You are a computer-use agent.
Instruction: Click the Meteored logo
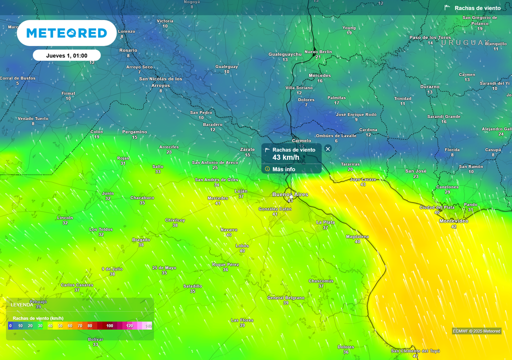click(66, 33)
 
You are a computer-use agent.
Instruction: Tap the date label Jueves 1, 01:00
click(66, 55)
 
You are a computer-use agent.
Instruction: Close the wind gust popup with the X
click(328, 148)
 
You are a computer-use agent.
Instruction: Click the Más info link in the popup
click(283, 169)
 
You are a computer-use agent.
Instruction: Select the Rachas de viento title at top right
click(477, 8)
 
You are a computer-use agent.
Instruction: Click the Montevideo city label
click(453, 220)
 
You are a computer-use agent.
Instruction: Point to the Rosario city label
click(128, 50)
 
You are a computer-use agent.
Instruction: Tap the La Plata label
click(325, 221)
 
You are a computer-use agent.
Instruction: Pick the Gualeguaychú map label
click(285, 53)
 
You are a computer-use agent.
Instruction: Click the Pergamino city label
click(134, 131)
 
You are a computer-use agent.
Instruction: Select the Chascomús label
click(321, 280)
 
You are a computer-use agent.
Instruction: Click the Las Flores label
click(242, 320)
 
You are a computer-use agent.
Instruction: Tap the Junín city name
click(107, 193)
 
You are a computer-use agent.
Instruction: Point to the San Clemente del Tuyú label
click(415, 350)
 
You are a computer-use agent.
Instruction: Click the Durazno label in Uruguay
click(429, 86)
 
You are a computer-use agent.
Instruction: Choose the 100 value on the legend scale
click(109, 325)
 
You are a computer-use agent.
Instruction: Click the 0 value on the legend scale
click(10, 325)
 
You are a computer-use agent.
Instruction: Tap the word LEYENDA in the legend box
click(22, 304)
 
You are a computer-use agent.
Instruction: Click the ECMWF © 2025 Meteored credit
click(476, 331)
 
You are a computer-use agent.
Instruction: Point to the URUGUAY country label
click(462, 42)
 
